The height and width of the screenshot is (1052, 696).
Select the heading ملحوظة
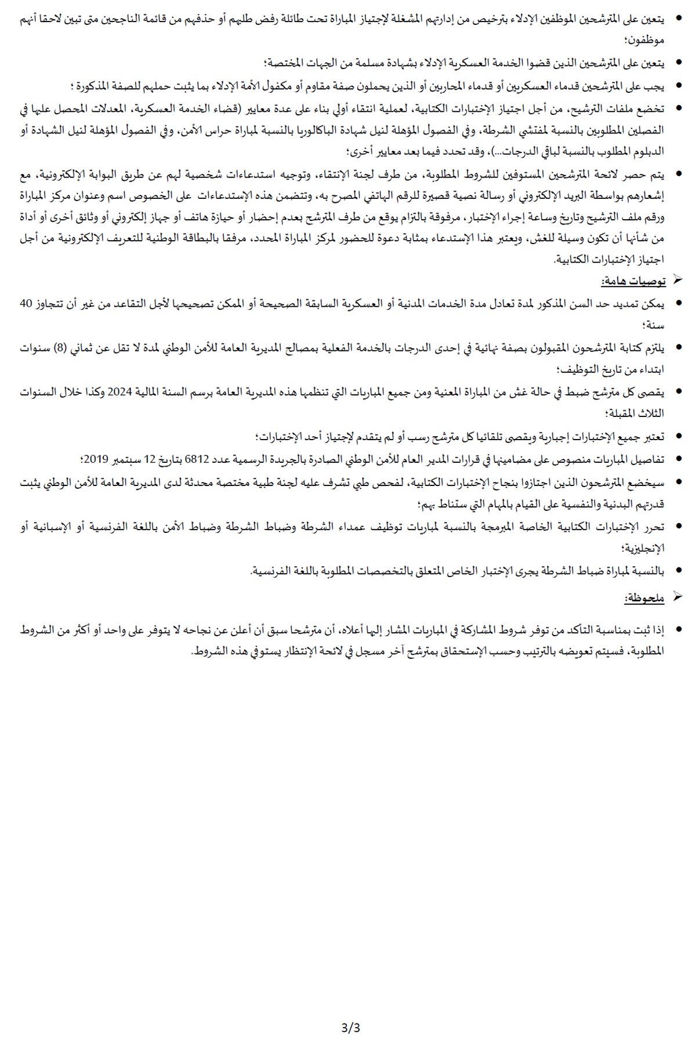tap(644, 598)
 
